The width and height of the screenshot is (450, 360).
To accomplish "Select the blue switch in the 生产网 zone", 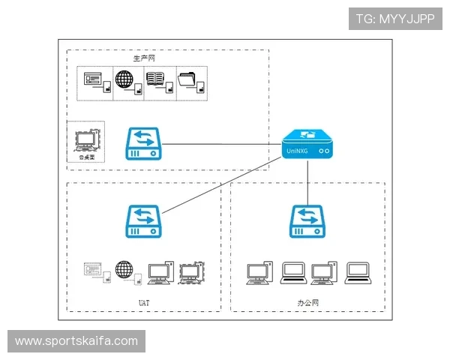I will pos(145,142).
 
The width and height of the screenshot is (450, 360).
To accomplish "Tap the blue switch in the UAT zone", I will pos(145,222).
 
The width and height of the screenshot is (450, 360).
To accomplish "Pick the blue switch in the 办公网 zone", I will pos(308,222).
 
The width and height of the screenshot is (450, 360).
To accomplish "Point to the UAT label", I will pos(144,302).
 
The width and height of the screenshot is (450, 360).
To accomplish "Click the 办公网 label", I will pos(307,302).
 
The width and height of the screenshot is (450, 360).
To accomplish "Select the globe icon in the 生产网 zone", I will pos(124,79).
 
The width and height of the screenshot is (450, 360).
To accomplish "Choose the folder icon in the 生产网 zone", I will pos(187,79).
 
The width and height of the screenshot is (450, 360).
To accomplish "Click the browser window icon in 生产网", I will pos(93,79).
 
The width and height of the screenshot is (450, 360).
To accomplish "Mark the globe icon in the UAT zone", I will pos(124,268).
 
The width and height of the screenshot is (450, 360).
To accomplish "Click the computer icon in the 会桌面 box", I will pos(87,139).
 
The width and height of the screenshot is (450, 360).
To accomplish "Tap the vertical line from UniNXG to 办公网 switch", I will pos(308,180).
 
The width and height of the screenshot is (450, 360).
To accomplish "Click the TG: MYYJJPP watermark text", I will pos(395,19).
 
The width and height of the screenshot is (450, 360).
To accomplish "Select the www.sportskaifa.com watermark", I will pos(76,341).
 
